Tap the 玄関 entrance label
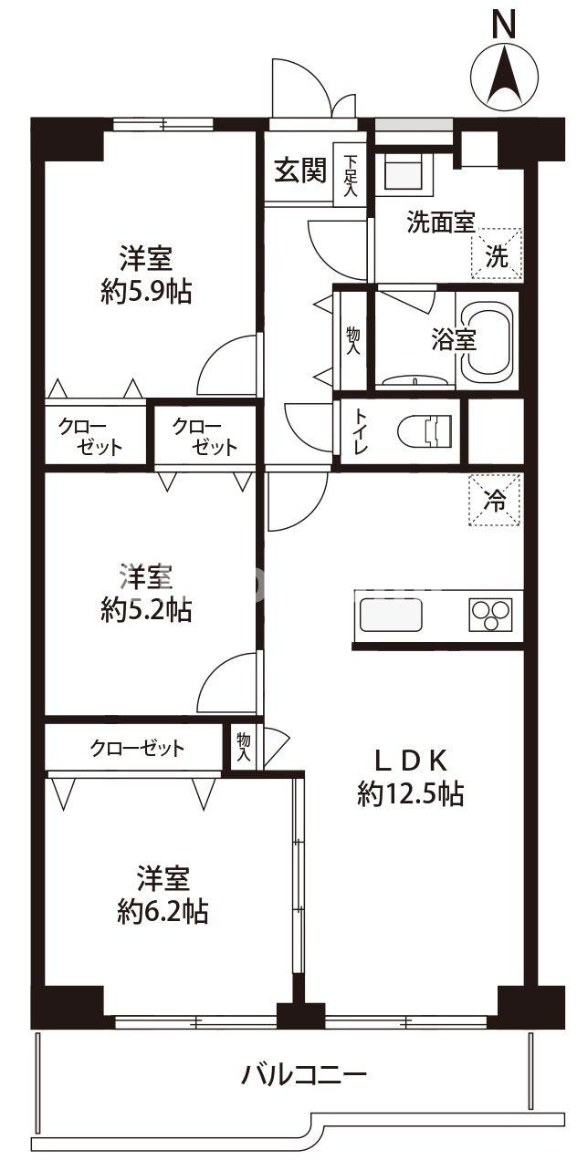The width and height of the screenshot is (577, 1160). click(x=300, y=170)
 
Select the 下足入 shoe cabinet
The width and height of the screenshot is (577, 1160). click(x=350, y=175)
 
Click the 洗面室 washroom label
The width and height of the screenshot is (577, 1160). click(x=440, y=223)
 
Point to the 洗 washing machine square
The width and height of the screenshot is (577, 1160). click(x=496, y=254)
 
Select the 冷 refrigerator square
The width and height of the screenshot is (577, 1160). click(x=495, y=500)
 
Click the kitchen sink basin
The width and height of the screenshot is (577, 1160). click(x=391, y=616)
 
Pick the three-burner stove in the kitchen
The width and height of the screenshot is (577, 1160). click(x=490, y=615)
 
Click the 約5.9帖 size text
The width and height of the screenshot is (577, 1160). click(x=146, y=292)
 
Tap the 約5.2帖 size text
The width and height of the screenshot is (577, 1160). click(x=146, y=610)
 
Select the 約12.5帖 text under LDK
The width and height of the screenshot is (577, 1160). click(x=410, y=795)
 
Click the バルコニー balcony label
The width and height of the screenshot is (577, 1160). click(x=303, y=1074)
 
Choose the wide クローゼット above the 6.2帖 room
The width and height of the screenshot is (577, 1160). click(x=136, y=749)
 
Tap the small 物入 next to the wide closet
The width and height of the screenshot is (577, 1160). click(x=244, y=747)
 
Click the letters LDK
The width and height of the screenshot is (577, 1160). click(x=412, y=759)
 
